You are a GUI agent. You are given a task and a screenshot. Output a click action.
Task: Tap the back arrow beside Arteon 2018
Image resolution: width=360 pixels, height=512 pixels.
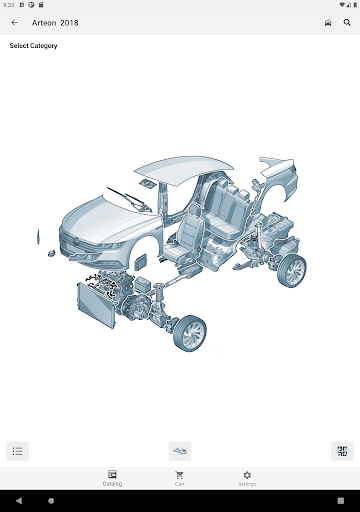point(14,23)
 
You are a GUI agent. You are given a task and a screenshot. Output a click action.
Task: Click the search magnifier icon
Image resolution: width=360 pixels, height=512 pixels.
point(347,23)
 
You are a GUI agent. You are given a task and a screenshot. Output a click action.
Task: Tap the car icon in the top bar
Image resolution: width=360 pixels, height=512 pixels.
point(328,23)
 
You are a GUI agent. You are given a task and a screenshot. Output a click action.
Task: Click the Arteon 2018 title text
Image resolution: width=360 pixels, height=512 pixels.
point(55,23)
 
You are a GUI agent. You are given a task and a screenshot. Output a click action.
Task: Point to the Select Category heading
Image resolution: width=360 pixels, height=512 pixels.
point(33,46)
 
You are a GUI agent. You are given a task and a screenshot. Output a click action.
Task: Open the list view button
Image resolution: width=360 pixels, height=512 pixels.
point(18,451)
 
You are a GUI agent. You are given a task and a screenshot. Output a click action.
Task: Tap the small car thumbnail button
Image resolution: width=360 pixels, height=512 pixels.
point(180,451)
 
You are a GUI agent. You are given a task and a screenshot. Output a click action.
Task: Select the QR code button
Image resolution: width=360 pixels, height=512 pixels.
point(342,451)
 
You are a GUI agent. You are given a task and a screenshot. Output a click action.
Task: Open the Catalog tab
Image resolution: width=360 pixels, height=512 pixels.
point(112,478)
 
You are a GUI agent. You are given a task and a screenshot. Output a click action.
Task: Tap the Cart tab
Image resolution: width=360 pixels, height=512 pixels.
point(180,478)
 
